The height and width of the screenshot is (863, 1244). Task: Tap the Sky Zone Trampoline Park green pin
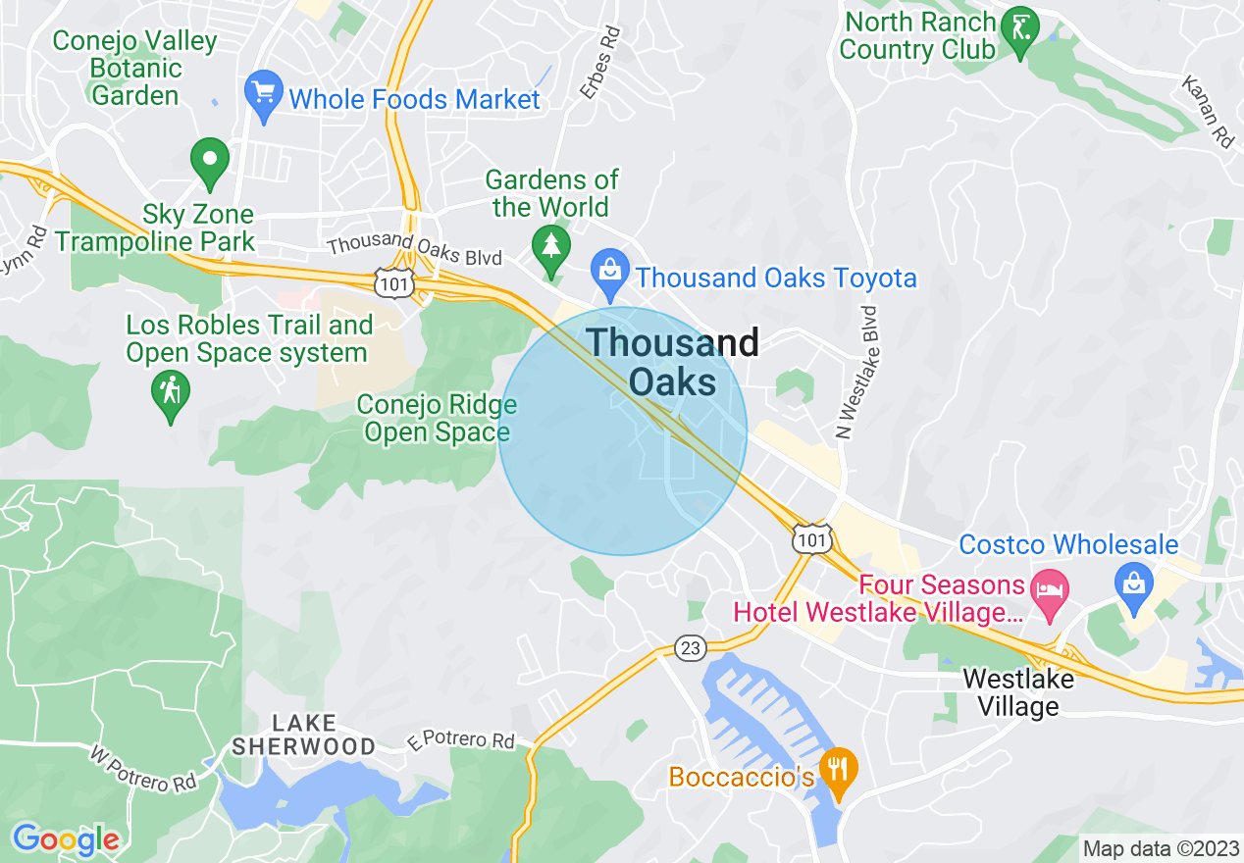click(209, 161)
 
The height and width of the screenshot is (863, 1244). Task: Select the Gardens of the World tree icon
click(550, 246)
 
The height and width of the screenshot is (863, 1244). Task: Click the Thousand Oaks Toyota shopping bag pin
click(610, 272)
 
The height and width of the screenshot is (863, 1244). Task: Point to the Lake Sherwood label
click(303, 735)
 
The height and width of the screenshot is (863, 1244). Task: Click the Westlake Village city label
click(1017, 691)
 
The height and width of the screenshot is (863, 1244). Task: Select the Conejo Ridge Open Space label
click(437, 419)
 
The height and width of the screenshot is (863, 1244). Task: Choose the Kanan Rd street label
click(1208, 112)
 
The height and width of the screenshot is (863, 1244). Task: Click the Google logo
click(66, 838)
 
